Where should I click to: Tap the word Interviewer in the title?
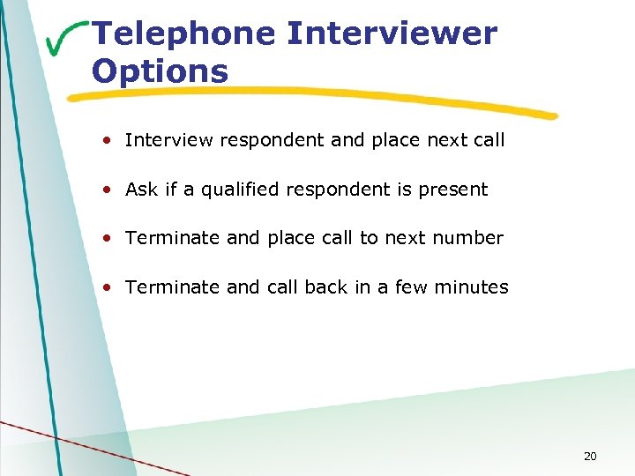click(x=392, y=34)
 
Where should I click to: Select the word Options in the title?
click(x=160, y=71)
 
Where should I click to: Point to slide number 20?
click(x=590, y=456)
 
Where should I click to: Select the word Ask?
click(x=141, y=190)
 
